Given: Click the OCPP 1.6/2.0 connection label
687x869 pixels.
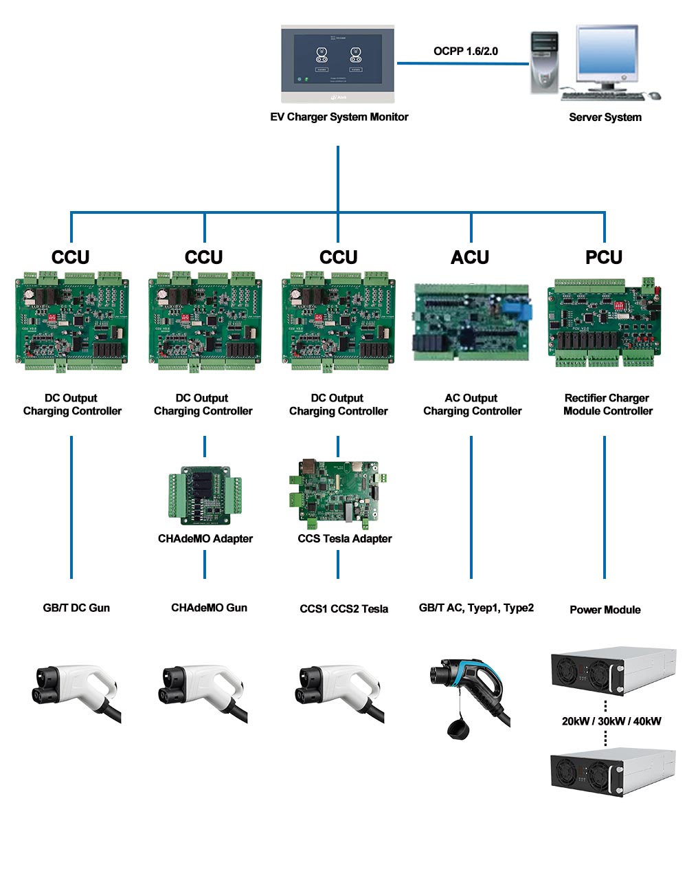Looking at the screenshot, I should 465,51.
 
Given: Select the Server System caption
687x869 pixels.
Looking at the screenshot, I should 605,117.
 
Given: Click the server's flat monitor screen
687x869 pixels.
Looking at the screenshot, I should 607,55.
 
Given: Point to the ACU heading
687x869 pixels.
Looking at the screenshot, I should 470,257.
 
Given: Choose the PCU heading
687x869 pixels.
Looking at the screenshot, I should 604,257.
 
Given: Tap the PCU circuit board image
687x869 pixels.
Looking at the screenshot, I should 604,322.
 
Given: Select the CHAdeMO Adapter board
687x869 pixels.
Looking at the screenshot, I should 205,496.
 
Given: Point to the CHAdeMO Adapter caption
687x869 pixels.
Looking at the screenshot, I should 205,538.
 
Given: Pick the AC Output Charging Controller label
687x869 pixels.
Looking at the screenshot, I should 472,404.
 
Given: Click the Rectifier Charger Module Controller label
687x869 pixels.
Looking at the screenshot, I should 607,404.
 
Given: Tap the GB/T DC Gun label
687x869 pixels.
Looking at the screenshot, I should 76,608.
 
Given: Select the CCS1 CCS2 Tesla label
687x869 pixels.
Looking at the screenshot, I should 343,608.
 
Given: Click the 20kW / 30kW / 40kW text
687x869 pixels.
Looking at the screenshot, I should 611,721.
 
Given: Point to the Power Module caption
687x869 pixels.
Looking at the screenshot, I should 605,609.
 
